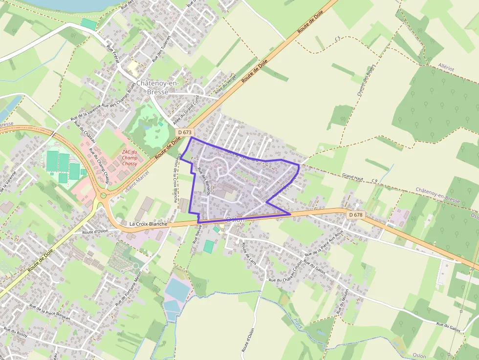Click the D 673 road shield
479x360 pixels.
(185, 132)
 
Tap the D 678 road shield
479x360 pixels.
(356, 215)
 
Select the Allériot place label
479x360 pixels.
(446, 69)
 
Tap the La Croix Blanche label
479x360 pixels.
(148, 224)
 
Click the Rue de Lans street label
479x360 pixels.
(249, 253)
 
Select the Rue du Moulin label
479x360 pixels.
(342, 301)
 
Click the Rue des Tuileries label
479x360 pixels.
(161, 49)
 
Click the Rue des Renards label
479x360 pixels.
(204, 181)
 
